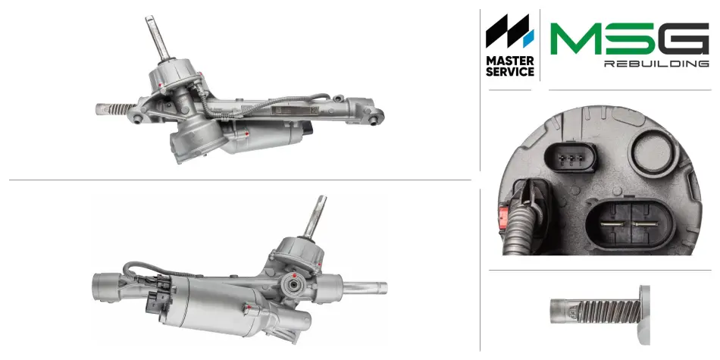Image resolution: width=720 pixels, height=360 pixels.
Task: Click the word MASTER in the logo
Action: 510,61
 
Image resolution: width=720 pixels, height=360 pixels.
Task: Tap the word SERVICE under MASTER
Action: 510,72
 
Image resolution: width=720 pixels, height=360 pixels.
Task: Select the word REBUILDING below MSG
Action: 656,64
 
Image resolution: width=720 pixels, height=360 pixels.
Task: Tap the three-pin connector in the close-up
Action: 570,157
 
